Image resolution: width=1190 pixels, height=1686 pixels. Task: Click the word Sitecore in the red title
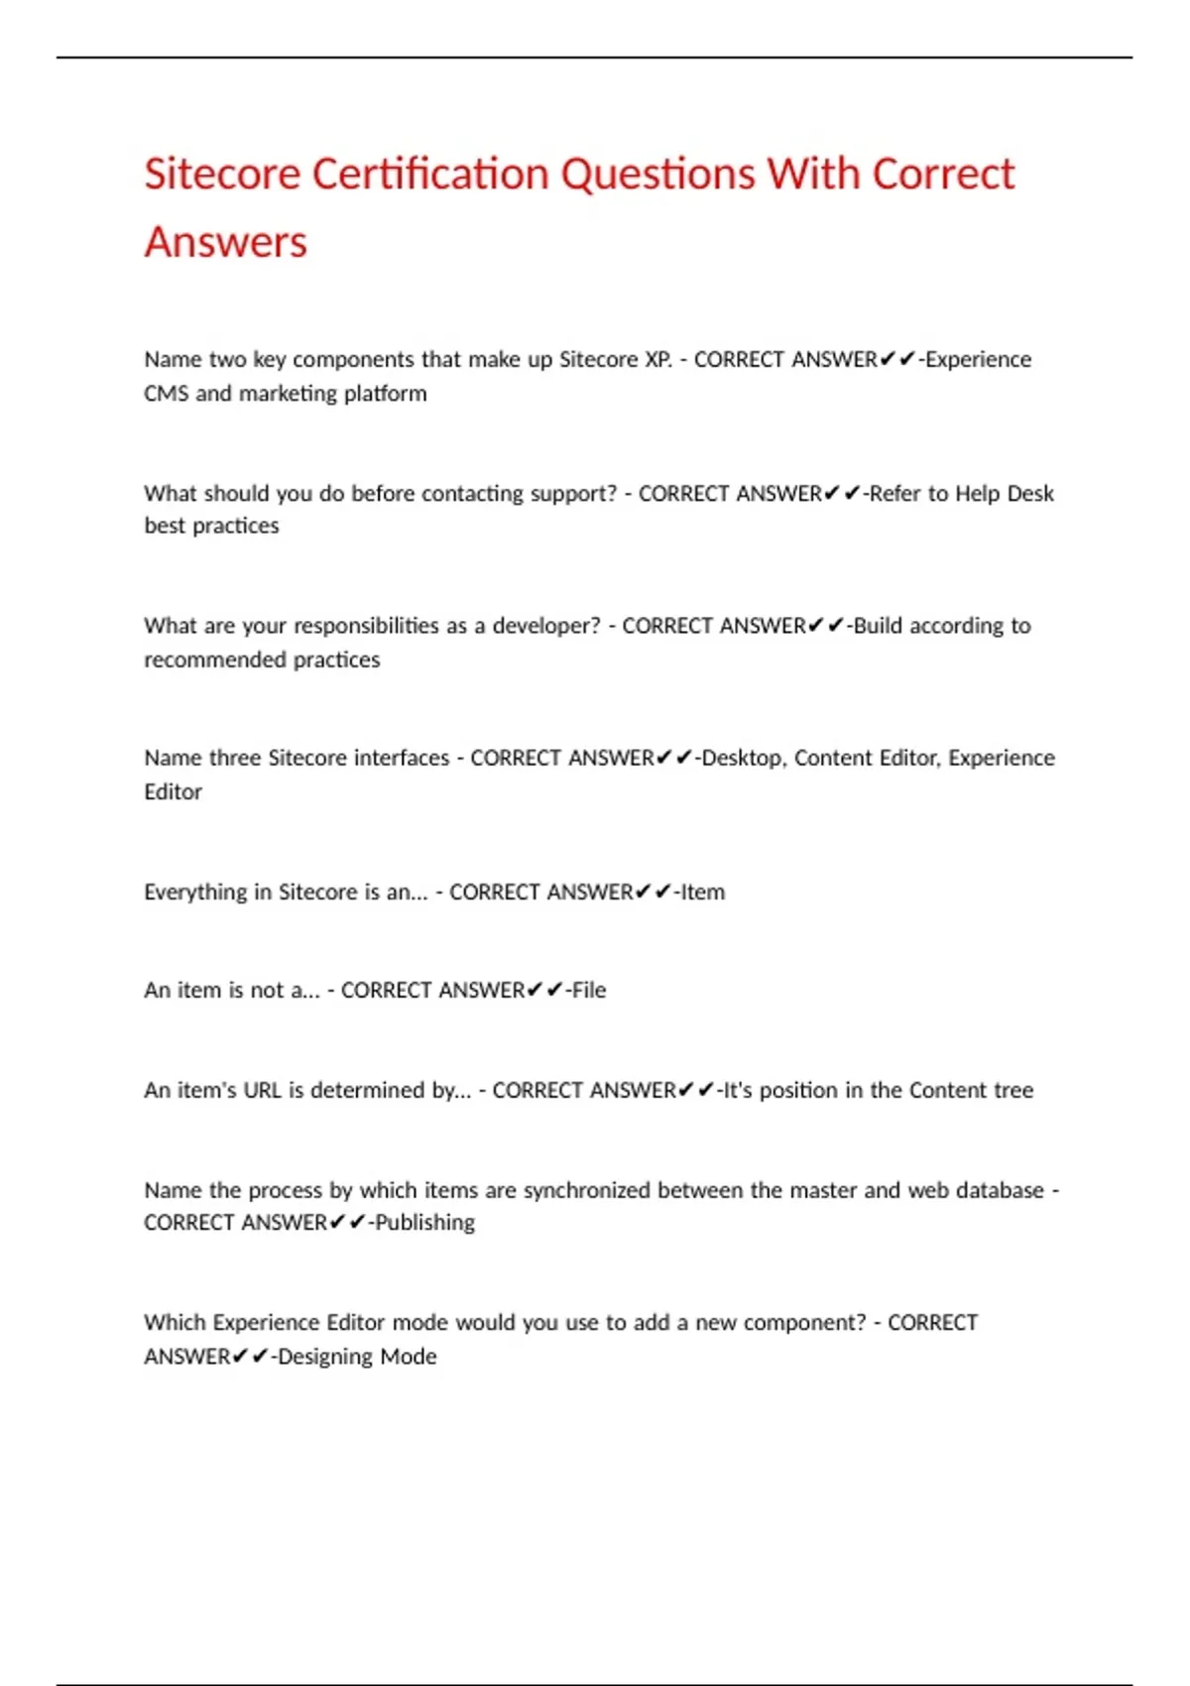(222, 175)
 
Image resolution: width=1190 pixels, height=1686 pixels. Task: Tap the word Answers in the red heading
(226, 243)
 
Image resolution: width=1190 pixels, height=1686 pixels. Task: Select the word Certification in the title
(430, 175)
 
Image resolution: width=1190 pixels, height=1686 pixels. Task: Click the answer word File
(589, 990)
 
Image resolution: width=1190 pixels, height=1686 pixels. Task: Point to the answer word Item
(703, 892)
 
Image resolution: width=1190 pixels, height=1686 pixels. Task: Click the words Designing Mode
(357, 1356)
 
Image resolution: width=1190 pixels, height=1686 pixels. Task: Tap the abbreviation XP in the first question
(657, 359)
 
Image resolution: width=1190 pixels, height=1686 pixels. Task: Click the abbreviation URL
(263, 1090)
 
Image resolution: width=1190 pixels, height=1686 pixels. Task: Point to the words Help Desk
(1005, 493)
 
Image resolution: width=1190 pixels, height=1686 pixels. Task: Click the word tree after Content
(1013, 1090)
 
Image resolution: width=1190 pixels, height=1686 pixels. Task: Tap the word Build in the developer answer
(878, 626)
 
